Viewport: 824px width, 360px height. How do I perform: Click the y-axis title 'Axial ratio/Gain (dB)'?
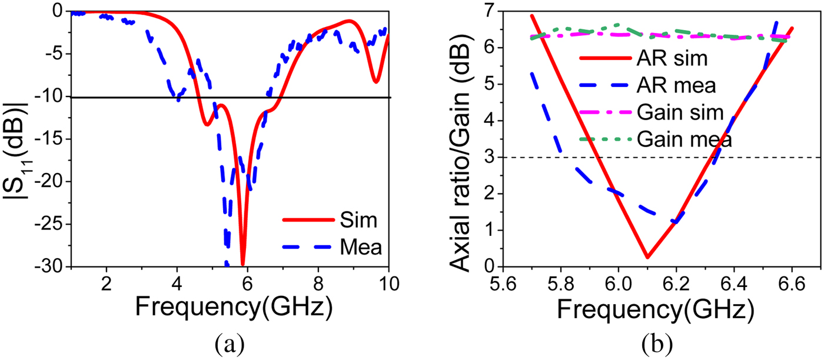[x=460, y=138]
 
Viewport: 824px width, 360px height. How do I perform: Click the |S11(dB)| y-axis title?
[x=18, y=138]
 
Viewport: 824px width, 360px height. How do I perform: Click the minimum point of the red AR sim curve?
[x=647, y=257]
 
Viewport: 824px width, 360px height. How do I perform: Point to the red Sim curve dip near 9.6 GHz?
[x=375, y=82]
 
